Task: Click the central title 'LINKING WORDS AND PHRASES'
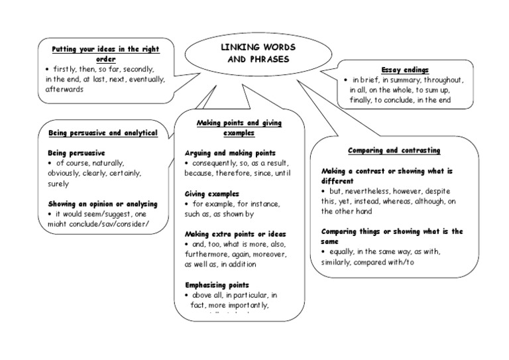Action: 258,54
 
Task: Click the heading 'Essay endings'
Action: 404,70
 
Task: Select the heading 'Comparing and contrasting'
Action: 394,150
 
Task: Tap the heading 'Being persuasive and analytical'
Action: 103,133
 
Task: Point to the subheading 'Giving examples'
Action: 213,193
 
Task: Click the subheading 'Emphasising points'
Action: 218,284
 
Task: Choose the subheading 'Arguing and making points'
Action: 230,152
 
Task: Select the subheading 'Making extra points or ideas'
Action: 234,234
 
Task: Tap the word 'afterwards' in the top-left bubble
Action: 64,89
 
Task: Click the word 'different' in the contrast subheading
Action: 338,180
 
